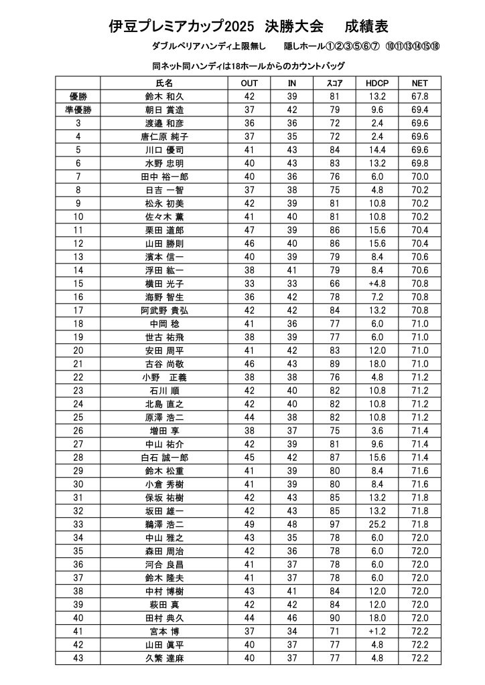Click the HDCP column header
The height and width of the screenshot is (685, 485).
(377, 83)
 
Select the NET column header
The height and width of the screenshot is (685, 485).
(420, 83)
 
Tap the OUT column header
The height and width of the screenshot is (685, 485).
(249, 83)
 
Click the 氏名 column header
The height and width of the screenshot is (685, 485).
(164, 83)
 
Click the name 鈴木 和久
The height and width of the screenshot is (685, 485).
(164, 96)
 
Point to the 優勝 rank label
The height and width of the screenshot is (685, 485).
(78, 96)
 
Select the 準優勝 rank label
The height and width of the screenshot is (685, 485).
(78, 110)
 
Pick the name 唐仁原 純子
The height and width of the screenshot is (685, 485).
(164, 136)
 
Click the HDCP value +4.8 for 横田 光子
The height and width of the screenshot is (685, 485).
(377, 284)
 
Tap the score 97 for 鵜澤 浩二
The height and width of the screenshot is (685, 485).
(334, 524)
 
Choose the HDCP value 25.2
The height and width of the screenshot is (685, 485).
(377, 524)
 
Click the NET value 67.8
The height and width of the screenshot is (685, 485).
(420, 96)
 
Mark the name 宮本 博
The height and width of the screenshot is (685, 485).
(164, 631)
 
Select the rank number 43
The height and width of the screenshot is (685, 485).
(78, 658)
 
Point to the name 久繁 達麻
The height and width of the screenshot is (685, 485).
(164, 658)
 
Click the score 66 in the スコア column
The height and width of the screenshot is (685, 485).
(334, 284)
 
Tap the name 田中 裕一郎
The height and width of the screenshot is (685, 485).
(164, 177)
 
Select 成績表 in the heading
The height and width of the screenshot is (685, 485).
(366, 27)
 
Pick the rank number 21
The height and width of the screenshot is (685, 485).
(78, 364)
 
